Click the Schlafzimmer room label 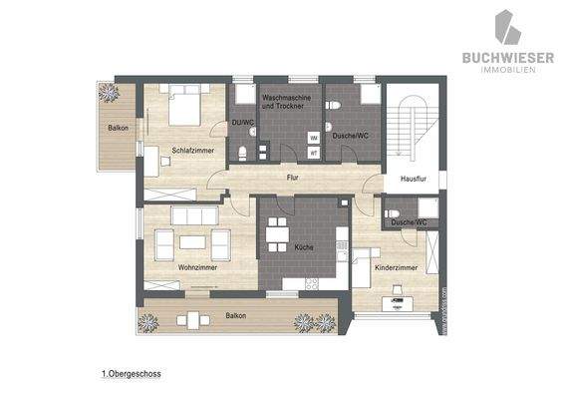(x=193, y=150)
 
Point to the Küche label (x=304, y=245)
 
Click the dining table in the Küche (x=278, y=232)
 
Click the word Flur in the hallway (x=293, y=178)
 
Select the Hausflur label (x=414, y=180)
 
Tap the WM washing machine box (x=313, y=138)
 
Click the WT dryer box (x=313, y=153)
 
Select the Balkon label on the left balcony (x=120, y=130)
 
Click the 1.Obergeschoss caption (x=131, y=374)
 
